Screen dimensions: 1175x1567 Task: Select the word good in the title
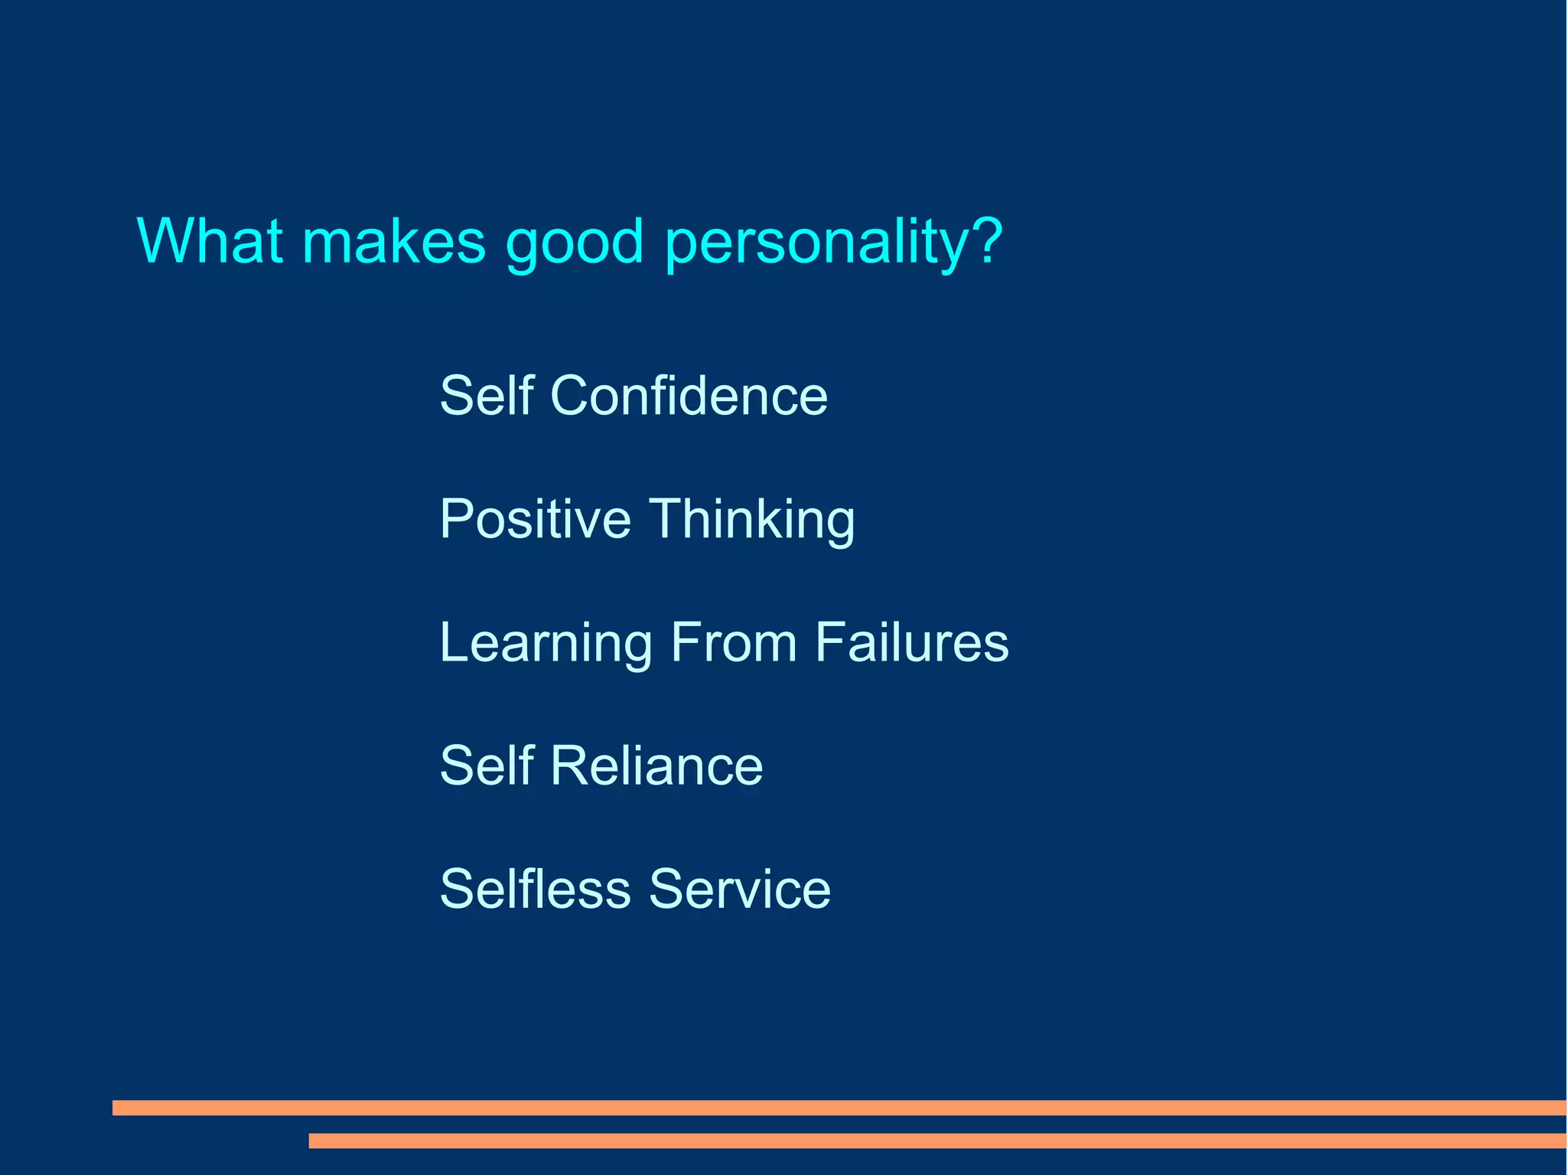(575, 243)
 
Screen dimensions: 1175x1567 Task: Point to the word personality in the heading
(816, 243)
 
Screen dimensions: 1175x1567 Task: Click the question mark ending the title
(988, 240)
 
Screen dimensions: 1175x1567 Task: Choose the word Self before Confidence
(487, 396)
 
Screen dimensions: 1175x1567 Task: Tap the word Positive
(535, 519)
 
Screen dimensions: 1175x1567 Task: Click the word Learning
(546, 644)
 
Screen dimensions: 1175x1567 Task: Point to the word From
(733, 642)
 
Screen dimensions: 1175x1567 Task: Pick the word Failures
(911, 642)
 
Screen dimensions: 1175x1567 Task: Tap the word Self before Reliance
(487, 765)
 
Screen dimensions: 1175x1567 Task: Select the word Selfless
(535, 889)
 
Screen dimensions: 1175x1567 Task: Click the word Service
(740, 889)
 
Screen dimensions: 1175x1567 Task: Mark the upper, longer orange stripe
(839, 1108)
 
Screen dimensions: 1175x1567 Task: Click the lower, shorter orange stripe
(937, 1141)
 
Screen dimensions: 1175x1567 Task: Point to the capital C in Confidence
(572, 396)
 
